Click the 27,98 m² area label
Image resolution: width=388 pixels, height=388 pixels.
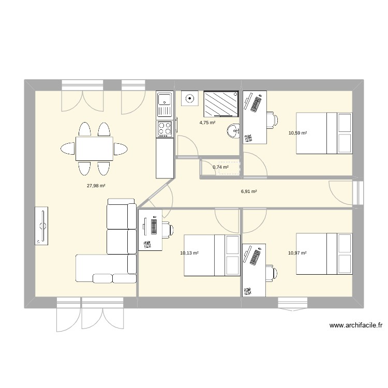point(96,185)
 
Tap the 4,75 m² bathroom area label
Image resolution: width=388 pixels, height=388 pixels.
point(207,123)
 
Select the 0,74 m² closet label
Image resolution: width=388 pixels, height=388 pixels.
point(220,167)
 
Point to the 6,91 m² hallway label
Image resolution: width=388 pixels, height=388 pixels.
point(249,191)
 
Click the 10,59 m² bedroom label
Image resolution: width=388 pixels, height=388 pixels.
point(297,133)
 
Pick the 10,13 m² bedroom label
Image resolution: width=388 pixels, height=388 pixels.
point(189,253)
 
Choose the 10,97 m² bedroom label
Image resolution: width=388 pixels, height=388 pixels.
point(297,252)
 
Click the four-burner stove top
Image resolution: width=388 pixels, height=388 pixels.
point(165,128)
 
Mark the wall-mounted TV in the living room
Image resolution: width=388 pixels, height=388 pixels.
point(42,226)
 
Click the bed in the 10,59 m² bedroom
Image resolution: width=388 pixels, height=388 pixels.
point(324,133)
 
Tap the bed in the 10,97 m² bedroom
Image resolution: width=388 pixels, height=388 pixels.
point(324,252)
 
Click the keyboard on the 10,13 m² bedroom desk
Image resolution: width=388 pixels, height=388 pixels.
point(154,227)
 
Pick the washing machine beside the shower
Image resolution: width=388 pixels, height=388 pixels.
point(190,98)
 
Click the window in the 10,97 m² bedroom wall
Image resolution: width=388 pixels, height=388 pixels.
point(292,303)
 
